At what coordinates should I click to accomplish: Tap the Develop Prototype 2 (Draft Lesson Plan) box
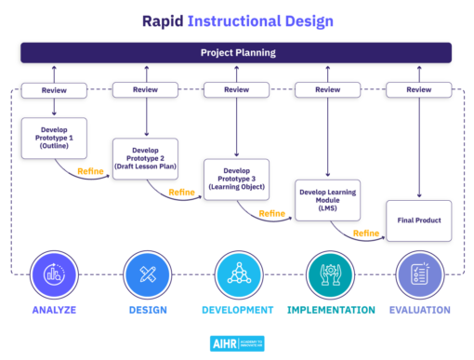(x=145, y=158)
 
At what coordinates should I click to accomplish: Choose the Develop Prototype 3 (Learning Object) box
(x=236, y=180)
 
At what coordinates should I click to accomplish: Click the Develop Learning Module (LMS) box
(x=327, y=200)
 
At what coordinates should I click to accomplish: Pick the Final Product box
(x=418, y=220)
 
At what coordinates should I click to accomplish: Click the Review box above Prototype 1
(x=54, y=90)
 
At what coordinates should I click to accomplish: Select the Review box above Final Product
(x=418, y=90)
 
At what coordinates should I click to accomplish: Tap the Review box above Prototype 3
(x=236, y=90)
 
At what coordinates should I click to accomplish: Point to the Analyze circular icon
(x=54, y=273)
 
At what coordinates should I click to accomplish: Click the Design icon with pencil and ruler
(x=145, y=273)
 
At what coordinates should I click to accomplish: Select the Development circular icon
(x=236, y=273)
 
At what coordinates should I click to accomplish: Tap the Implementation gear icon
(x=327, y=273)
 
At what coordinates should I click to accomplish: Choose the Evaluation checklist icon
(x=418, y=273)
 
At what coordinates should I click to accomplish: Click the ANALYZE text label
(x=54, y=310)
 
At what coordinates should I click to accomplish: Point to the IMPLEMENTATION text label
(x=331, y=310)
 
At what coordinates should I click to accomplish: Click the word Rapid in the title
(x=165, y=19)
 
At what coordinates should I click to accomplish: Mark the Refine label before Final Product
(x=366, y=233)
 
